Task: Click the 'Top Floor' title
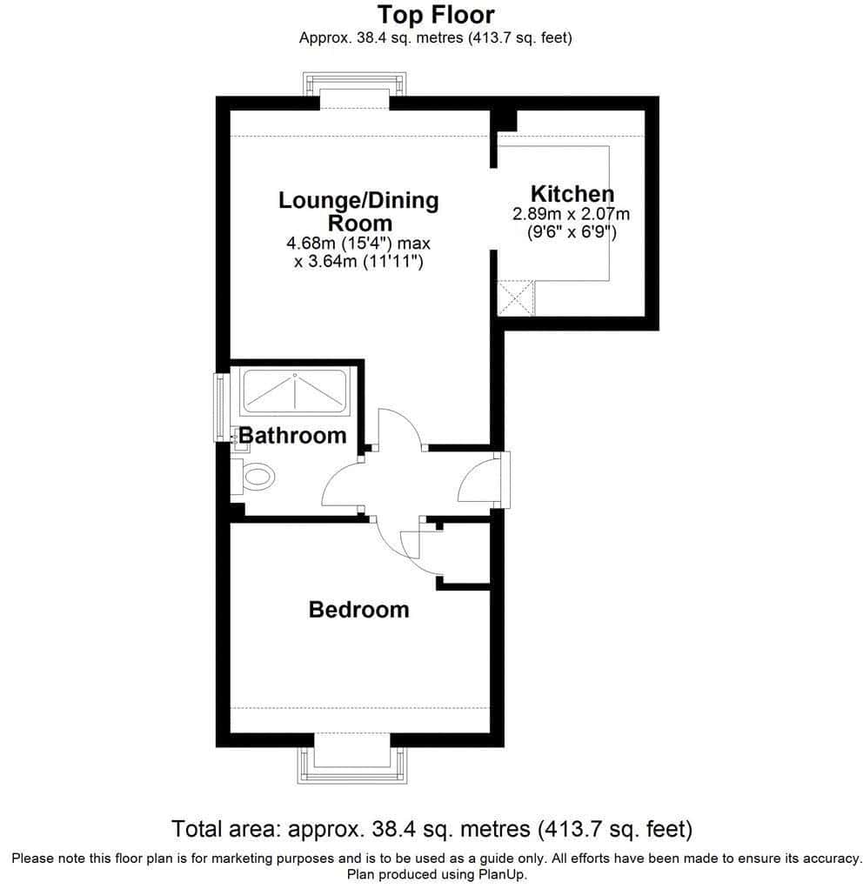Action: point(436,16)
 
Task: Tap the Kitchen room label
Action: point(572,194)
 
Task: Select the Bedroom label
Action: point(359,610)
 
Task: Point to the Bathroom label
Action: point(292,436)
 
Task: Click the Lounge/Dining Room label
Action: point(359,211)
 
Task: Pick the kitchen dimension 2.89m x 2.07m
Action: point(571,214)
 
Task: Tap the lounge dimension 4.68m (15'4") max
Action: point(358,244)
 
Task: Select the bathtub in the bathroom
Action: point(294,391)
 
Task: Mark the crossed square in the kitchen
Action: point(515,297)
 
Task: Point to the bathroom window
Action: point(219,407)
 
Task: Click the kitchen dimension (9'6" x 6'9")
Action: point(572,232)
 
